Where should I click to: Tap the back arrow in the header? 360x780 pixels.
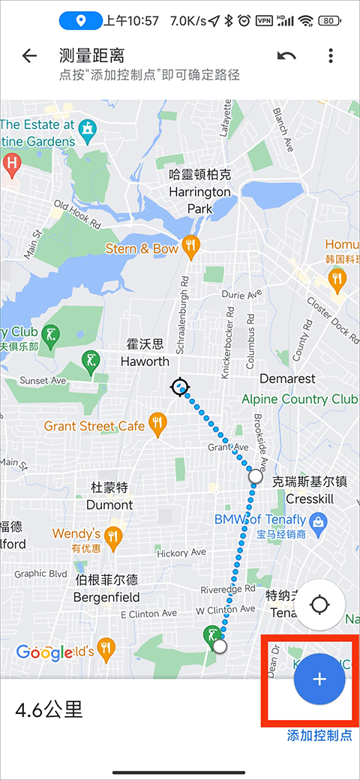coord(29,56)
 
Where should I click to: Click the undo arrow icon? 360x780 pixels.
coord(286,56)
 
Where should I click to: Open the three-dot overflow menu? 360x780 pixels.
coord(331,56)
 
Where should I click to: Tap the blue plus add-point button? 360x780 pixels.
coord(319,679)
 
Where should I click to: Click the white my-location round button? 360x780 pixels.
coord(319,604)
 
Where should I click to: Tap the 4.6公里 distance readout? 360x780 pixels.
coord(49,709)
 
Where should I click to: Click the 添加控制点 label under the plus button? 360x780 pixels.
coord(319,736)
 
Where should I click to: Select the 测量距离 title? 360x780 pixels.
coord(91,55)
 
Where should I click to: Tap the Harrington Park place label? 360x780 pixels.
coord(199,191)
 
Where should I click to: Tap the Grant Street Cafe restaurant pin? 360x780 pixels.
coord(157,424)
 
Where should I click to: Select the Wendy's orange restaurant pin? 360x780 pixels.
coord(113,535)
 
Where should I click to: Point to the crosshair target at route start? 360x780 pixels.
coord(178,387)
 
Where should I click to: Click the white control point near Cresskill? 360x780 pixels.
coord(256,475)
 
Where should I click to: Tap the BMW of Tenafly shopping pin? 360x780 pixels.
coord(318,519)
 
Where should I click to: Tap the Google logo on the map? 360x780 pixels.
coord(44,652)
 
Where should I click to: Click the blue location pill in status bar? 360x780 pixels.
coord(80,20)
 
